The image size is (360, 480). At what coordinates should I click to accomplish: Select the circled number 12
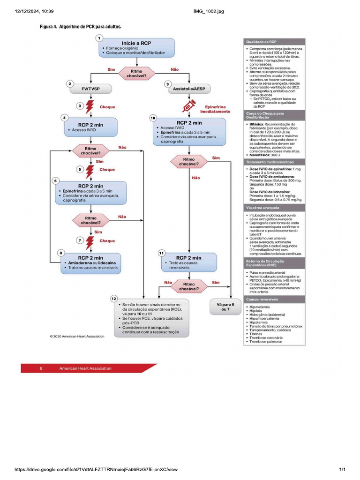[x=114, y=298]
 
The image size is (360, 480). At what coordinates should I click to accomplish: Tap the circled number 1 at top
[x=99, y=37]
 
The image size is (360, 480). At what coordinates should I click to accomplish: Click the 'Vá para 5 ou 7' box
[x=225, y=307]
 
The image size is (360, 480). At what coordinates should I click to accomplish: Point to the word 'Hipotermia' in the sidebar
[x=260, y=322]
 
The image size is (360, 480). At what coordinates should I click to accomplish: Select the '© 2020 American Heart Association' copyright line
[x=77, y=336]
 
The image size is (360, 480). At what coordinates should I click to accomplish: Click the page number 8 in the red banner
[x=41, y=368]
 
